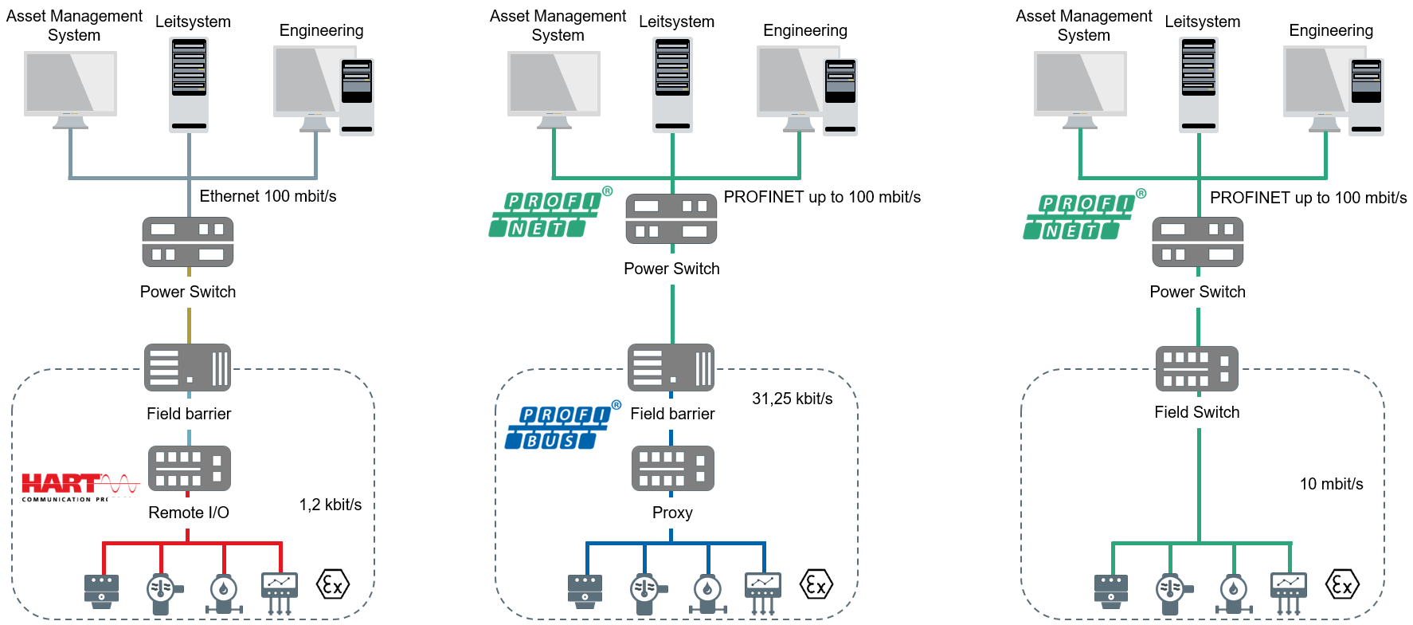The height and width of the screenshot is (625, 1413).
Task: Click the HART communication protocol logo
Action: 80,486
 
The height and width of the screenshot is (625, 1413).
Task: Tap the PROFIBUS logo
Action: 562,426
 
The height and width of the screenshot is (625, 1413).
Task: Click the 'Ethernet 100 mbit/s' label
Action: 268,196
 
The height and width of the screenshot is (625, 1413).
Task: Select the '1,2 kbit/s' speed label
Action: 330,505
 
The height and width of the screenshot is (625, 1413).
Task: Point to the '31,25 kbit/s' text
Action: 792,399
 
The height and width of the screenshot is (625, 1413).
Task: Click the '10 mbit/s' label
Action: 1331,484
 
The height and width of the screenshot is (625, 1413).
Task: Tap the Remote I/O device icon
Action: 190,468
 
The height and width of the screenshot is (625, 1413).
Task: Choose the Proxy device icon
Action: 672,468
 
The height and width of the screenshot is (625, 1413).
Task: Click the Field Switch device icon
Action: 1196,368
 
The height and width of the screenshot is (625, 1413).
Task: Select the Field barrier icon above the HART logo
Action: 188,368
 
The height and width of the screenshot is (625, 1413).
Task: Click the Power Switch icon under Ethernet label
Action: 188,242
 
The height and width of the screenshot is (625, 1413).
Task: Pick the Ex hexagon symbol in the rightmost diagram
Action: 1342,585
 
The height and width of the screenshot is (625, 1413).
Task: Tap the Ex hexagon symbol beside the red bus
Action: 333,585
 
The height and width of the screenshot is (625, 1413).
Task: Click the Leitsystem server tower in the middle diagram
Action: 672,84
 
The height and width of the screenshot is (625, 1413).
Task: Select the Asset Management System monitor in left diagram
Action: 70,88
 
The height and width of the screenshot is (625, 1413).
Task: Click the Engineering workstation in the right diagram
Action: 1333,89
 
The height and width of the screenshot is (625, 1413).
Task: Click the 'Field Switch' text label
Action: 1196,412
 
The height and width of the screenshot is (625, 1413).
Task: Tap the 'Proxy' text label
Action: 672,513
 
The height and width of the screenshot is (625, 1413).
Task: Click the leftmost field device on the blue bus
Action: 585,592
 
